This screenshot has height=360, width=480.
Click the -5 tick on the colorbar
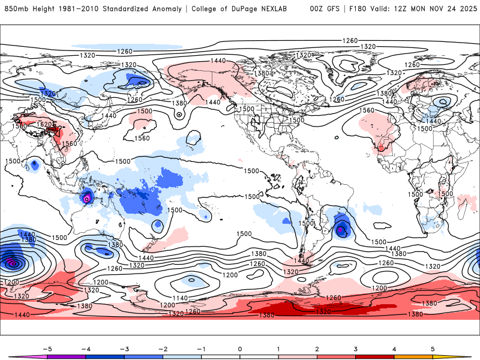[46, 349]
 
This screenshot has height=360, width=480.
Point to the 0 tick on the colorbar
[239, 349]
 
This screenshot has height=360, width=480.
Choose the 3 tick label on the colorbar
[355, 349]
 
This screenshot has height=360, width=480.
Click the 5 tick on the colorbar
[433, 349]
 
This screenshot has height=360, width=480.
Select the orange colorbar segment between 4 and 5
[413, 357]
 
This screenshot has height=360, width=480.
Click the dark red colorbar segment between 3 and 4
[374, 357]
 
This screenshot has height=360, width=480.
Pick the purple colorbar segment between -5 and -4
[66, 357]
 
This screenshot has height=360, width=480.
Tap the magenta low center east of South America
[340, 229]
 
